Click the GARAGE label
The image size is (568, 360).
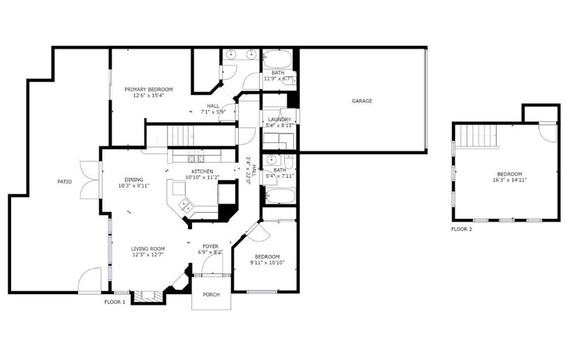tap(362, 101)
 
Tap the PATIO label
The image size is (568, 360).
tap(64, 182)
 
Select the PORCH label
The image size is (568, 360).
tap(211, 295)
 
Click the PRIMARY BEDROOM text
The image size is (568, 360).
tap(149, 89)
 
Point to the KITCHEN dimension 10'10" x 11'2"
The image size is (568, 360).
tap(202, 178)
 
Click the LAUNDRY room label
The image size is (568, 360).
tap(280, 119)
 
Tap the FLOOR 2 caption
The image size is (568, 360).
tap(461, 229)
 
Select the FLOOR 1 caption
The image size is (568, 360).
tap(115, 302)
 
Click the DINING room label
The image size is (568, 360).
tap(134, 180)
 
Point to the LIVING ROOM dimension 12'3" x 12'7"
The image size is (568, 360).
tap(148, 255)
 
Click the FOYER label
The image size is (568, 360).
tap(210, 247)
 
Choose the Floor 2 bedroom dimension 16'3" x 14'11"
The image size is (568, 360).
tap(509, 180)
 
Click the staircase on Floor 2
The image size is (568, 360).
tap(475, 136)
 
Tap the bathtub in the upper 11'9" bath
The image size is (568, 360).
tap(277, 59)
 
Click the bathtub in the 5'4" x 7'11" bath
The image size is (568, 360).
tap(280, 196)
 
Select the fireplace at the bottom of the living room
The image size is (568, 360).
tap(148, 296)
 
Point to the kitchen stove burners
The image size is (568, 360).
tap(196, 158)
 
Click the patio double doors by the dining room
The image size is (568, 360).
tap(89, 180)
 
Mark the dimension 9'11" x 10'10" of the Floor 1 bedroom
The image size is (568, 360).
tap(267, 262)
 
